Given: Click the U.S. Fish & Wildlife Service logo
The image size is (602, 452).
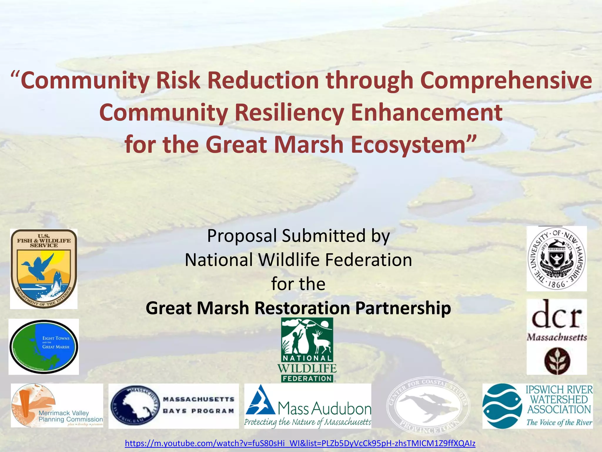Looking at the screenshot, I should (x=44, y=268).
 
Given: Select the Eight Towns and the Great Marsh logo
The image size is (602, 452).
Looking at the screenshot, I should (x=44, y=346).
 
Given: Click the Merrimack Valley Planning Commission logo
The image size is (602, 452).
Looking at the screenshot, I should (x=57, y=406).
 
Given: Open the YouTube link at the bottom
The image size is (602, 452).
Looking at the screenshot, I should (x=300, y=443).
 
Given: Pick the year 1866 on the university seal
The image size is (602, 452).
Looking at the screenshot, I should (x=556, y=284).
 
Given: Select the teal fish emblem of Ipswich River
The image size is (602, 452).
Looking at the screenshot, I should (x=502, y=406).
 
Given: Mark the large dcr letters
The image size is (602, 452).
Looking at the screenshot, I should (x=556, y=316).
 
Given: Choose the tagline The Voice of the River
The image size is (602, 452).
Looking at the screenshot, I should (x=559, y=423).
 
